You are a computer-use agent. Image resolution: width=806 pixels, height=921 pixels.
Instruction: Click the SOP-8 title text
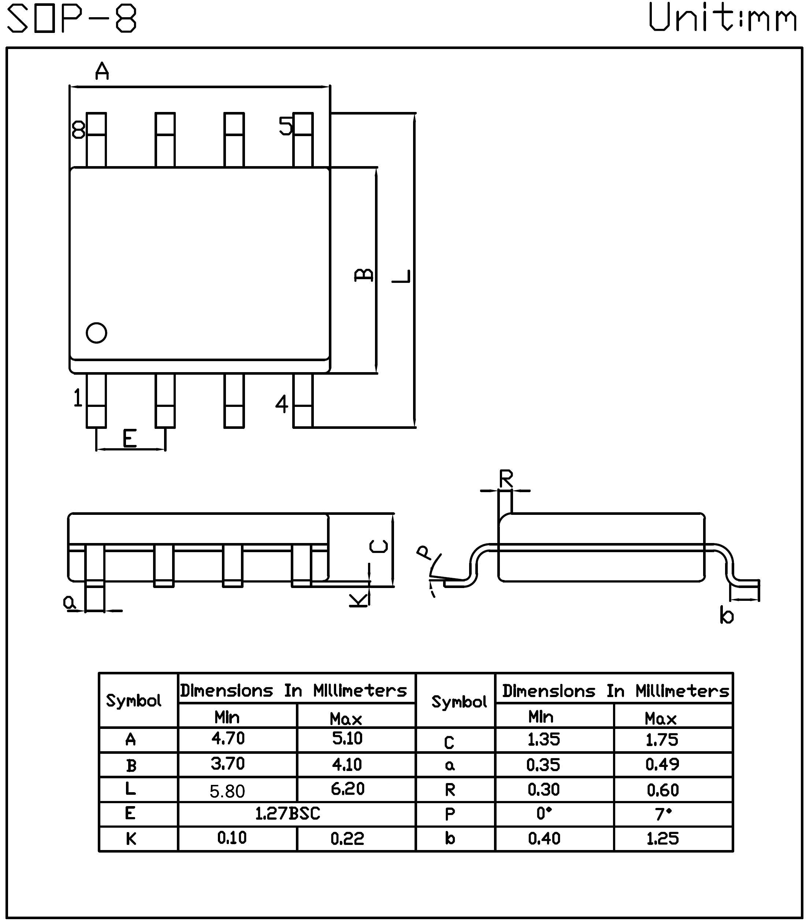tap(72, 19)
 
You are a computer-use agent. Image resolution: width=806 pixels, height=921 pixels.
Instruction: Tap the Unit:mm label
tap(721, 18)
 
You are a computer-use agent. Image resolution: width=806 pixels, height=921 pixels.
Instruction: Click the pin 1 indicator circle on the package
tap(96, 333)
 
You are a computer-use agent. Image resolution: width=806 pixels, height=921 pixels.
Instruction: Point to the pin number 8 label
tap(78, 130)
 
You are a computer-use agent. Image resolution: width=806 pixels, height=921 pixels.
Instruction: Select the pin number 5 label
tap(286, 126)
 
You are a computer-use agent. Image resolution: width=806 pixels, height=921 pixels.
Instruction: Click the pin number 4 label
tap(282, 404)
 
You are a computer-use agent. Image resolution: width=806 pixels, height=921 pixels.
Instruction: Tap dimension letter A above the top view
tap(102, 71)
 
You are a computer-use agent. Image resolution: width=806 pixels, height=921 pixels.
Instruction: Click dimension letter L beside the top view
tap(402, 276)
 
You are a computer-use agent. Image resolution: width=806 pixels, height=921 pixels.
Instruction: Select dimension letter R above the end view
tap(506, 479)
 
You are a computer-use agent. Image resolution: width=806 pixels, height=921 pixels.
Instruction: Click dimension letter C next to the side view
tap(379, 546)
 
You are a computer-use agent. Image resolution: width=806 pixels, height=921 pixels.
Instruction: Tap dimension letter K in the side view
tap(359, 600)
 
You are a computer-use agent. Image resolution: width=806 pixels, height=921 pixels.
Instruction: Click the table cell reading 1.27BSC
tap(287, 813)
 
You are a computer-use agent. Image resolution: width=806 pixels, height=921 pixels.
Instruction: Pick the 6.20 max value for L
tap(347, 789)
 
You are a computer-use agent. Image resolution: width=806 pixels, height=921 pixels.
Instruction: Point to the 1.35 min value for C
tap(543, 740)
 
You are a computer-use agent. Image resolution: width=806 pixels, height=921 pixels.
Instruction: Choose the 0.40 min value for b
tap(544, 838)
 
